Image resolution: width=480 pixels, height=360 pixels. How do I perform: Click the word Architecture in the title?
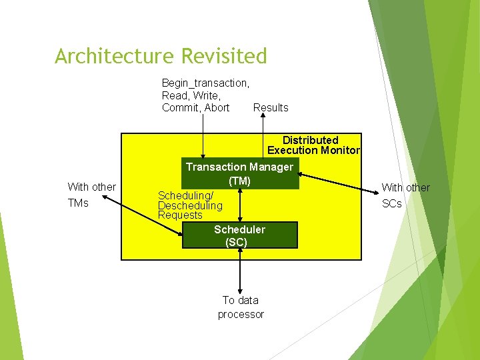110,57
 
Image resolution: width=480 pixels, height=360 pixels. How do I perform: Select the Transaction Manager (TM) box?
239,173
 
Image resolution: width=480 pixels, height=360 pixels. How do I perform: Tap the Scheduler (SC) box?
239,236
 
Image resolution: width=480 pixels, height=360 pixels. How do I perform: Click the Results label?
271,108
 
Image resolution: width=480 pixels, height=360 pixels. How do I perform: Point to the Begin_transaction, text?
205,83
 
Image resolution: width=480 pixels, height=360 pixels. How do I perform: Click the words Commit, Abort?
195,108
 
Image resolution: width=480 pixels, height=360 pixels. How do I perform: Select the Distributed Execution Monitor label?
313,145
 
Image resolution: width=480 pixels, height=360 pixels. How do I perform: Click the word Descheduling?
190,205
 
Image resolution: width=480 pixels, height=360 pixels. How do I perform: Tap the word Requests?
180,215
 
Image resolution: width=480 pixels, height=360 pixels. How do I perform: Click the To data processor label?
241,307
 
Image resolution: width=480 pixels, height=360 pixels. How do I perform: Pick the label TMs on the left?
78,203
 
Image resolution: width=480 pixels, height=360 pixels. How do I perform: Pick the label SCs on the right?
392,204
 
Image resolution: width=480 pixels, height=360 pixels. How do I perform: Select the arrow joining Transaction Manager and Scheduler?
240,203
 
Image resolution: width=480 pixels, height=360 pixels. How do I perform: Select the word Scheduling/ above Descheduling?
185,195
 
